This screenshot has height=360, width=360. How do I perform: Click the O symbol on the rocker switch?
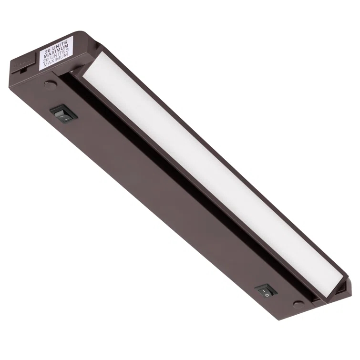click(267, 295)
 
